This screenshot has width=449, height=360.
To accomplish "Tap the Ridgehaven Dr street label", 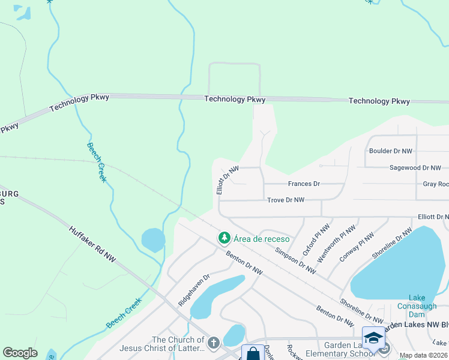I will pos(193,290).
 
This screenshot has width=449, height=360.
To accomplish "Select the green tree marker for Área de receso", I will pos(224,238).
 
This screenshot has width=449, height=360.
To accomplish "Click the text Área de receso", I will pos(262,239).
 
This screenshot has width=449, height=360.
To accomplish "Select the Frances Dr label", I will pos(304,184).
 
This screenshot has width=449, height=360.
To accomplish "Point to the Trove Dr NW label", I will pos(286,200).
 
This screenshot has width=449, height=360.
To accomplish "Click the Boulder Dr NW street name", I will pos(391,151).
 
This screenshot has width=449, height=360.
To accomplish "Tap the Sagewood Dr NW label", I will pos(415,168).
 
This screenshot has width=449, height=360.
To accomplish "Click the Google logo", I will pos(20,353).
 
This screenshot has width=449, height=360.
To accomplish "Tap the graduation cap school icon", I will pos(373,337).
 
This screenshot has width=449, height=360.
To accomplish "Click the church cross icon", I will pos(213,344).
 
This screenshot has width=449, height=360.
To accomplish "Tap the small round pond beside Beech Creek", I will pos(153,240).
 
